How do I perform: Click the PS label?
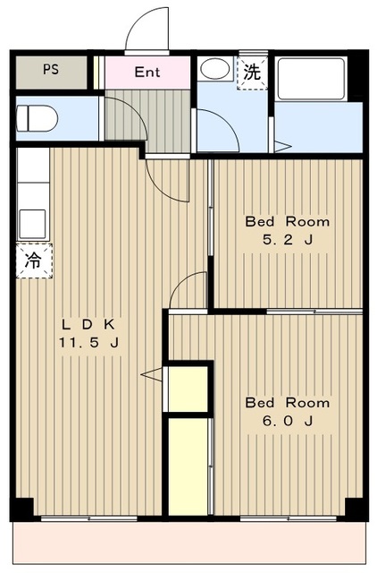(x=51, y=70)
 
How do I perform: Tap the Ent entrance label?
(x=147, y=72)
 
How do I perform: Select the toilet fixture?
(x=37, y=118)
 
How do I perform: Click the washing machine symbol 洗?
(x=252, y=73)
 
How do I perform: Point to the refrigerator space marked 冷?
(x=34, y=261)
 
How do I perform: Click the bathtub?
(x=311, y=79)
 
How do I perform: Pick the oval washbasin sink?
(x=215, y=69)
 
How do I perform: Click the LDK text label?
(x=88, y=324)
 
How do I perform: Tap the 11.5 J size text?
(x=88, y=343)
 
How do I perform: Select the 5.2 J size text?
(x=288, y=240)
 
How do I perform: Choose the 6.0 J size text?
(x=288, y=422)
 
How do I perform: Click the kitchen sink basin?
(x=32, y=224)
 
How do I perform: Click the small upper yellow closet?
(x=188, y=389)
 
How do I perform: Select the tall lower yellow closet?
(x=188, y=467)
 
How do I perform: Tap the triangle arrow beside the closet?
(x=151, y=374)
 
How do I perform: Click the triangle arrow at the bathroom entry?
(x=282, y=147)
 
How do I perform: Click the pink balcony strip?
(x=189, y=543)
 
